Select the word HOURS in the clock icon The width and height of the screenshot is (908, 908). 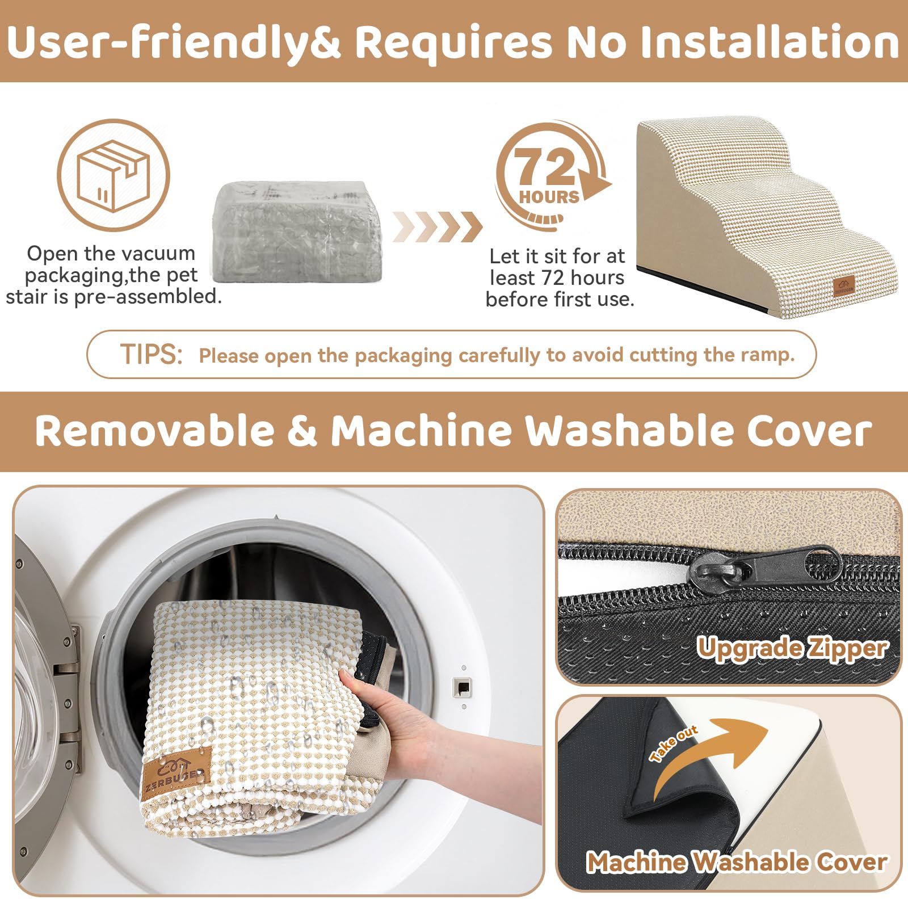click(549, 197)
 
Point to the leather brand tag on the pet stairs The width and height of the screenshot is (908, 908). click(843, 287)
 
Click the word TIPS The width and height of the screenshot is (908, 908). click(151, 355)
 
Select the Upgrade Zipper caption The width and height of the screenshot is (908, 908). click(792, 648)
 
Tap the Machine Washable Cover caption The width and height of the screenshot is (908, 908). click(737, 862)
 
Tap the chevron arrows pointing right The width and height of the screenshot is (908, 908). click(437, 226)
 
